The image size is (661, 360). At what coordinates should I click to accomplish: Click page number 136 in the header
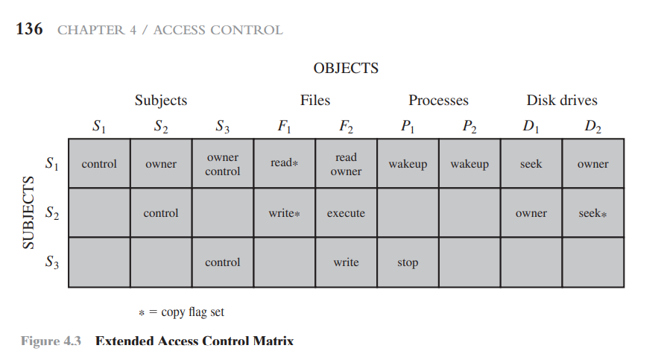29,30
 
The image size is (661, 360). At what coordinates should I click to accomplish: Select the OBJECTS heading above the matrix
346,69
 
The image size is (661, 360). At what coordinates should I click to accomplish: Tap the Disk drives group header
561,101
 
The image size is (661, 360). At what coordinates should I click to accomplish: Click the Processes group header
438,101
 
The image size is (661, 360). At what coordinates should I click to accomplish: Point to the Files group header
314,101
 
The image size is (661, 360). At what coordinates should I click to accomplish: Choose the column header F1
284,127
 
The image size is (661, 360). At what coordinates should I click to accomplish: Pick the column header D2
592,127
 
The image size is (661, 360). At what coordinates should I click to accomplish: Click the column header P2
469,127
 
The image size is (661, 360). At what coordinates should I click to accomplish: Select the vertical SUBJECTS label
28,212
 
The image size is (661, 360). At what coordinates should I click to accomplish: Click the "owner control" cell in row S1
222,164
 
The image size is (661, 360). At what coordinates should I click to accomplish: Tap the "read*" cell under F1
284,163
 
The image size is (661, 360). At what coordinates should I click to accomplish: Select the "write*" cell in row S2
284,213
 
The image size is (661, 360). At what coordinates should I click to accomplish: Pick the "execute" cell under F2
346,213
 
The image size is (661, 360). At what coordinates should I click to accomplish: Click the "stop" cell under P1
408,262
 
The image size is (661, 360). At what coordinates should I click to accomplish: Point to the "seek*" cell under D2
592,213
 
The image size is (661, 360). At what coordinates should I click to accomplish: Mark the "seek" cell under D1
531,164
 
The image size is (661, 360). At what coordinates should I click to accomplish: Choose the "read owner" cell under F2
346,164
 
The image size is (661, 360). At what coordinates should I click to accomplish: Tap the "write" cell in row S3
346,262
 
